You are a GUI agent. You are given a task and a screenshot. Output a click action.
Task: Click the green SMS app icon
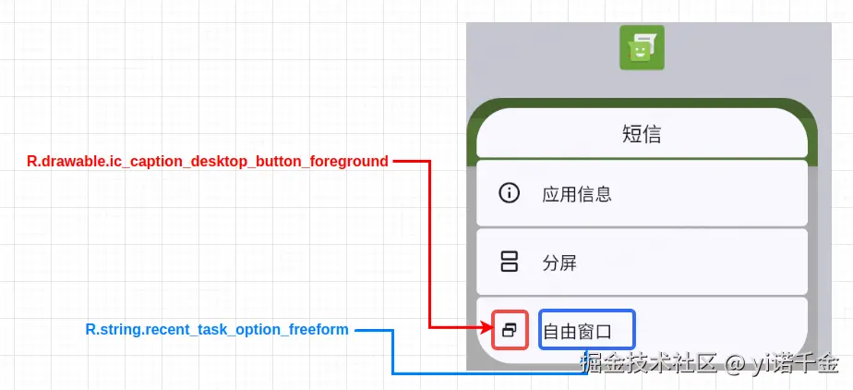(642, 48)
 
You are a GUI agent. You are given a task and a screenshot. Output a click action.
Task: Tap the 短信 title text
(642, 134)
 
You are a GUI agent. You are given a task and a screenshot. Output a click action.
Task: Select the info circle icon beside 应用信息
(509, 193)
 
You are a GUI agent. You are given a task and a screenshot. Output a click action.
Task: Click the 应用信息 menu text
(577, 194)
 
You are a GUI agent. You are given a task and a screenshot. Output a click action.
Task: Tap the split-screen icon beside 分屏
(509, 262)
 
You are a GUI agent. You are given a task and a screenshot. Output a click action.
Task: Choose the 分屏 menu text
(559, 262)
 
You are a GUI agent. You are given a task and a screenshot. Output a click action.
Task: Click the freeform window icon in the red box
(509, 329)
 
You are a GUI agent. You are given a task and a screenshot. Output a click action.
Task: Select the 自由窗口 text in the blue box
(587, 331)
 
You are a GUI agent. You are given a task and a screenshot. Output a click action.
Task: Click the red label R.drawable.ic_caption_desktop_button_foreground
(208, 162)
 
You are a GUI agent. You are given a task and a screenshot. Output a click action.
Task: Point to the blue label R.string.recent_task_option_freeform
(217, 330)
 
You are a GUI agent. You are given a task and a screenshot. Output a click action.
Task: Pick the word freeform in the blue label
(318, 330)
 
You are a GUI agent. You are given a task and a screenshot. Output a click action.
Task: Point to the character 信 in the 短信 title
(652, 134)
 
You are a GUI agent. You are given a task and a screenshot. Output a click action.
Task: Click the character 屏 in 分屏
(568, 262)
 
